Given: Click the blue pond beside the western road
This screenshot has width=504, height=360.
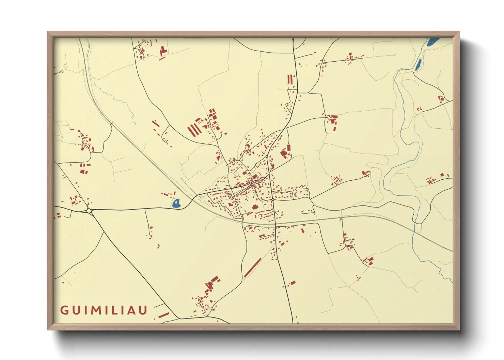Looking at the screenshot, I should (x=176, y=203).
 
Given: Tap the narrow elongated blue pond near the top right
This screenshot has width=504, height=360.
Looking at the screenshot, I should (x=418, y=64).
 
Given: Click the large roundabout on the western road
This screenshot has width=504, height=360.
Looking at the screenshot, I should (x=89, y=211).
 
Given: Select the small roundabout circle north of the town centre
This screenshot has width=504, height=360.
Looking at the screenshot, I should (x=267, y=157).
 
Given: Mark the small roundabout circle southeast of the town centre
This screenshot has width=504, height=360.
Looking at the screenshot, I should (x=273, y=200).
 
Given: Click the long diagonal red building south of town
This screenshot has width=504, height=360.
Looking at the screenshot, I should (x=253, y=267).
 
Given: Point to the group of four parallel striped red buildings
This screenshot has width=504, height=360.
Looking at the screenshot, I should (x=194, y=130).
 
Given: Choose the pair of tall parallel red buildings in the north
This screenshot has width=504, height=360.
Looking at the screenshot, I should (x=290, y=79).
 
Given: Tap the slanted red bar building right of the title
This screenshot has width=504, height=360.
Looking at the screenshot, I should (x=163, y=315).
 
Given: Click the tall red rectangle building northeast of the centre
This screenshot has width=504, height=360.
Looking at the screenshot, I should (x=289, y=148).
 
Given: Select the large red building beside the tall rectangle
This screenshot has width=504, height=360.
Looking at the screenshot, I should (x=283, y=154).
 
